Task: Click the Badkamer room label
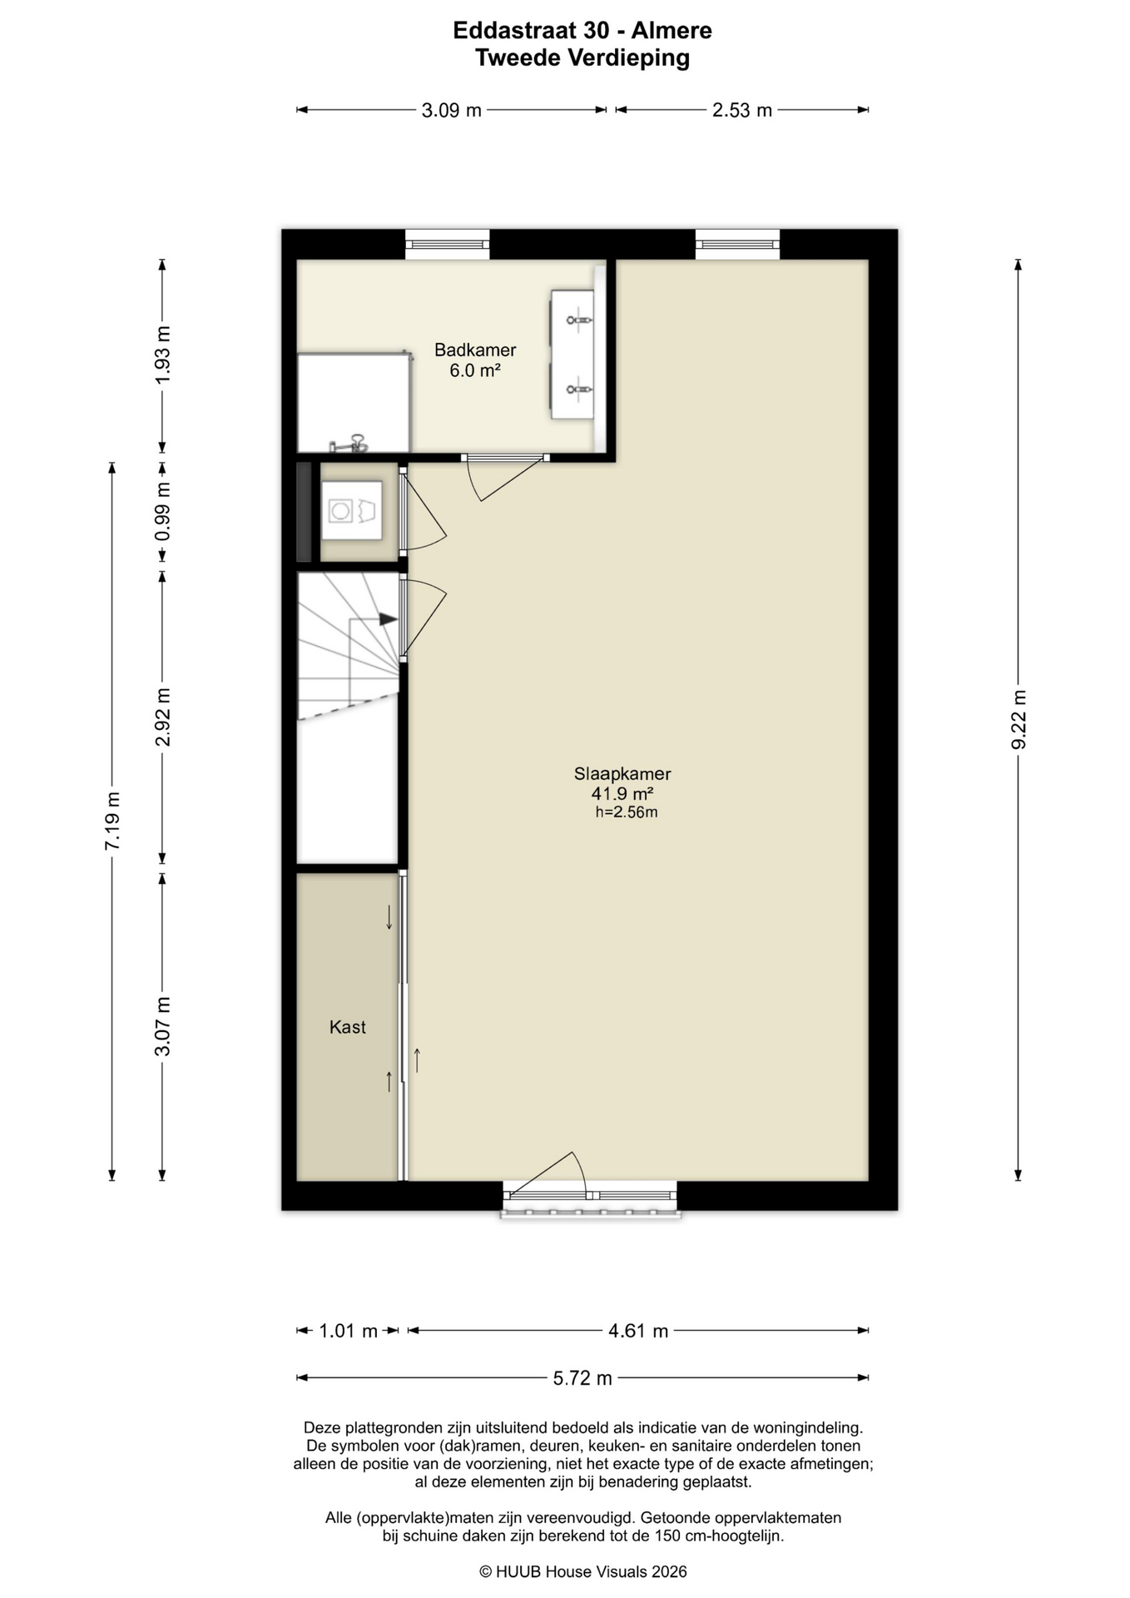point(475,350)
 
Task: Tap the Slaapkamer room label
point(622,773)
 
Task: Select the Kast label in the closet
point(348,1027)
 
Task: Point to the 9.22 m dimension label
point(1018,719)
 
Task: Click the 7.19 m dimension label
point(112,821)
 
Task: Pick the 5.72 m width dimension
point(582,1378)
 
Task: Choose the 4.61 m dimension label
point(638,1331)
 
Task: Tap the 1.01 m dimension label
point(349,1331)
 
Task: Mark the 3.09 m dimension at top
point(452,110)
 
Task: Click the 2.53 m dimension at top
point(742,110)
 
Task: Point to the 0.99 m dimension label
point(163,512)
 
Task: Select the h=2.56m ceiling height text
point(627,812)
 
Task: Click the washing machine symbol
point(351,510)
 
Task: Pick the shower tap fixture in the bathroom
point(351,443)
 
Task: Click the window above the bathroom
point(447,245)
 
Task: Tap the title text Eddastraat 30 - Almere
point(582,31)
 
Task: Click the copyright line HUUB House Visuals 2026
point(583,1571)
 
